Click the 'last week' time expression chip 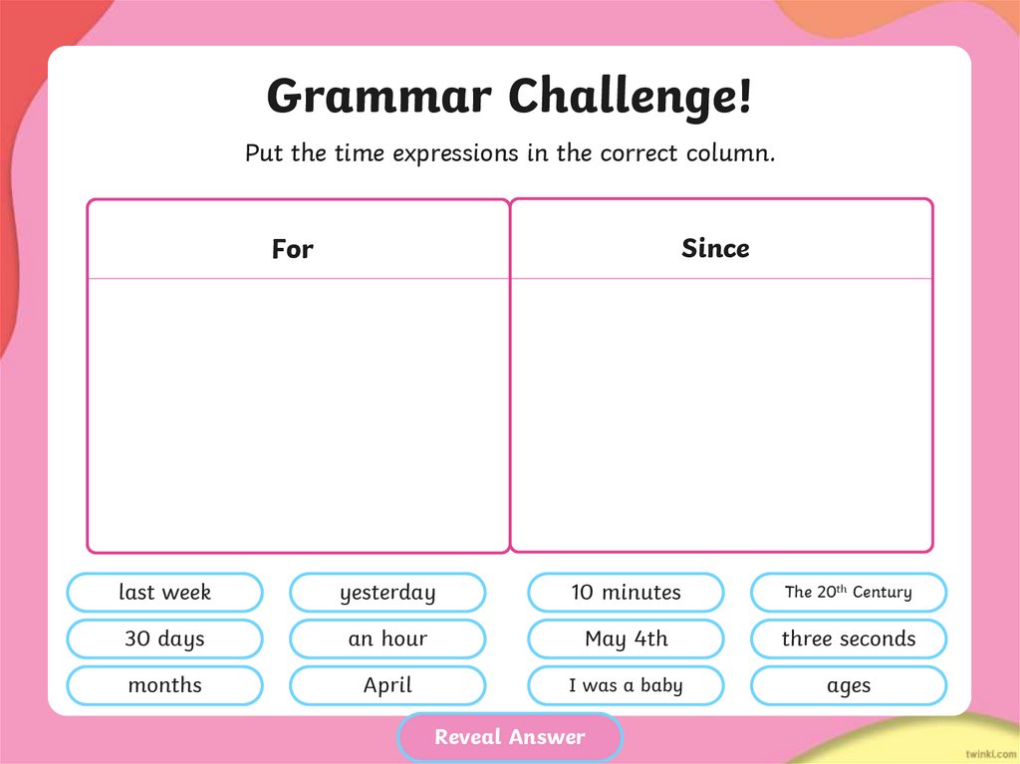[x=164, y=592]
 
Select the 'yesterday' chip [x=387, y=592]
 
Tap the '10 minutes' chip [x=626, y=592]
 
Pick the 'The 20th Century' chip [x=848, y=592]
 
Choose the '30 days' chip [x=164, y=638]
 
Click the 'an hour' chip [x=387, y=638]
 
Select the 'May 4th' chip [x=626, y=638]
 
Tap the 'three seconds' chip [x=848, y=638]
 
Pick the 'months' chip [x=164, y=685]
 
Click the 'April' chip [x=387, y=685]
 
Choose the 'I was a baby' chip [x=626, y=685]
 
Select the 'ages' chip [x=848, y=685]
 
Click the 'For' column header [x=292, y=248]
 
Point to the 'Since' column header [x=715, y=248]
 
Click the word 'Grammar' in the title [x=379, y=98]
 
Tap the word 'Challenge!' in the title [x=630, y=98]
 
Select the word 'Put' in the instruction [x=264, y=153]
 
